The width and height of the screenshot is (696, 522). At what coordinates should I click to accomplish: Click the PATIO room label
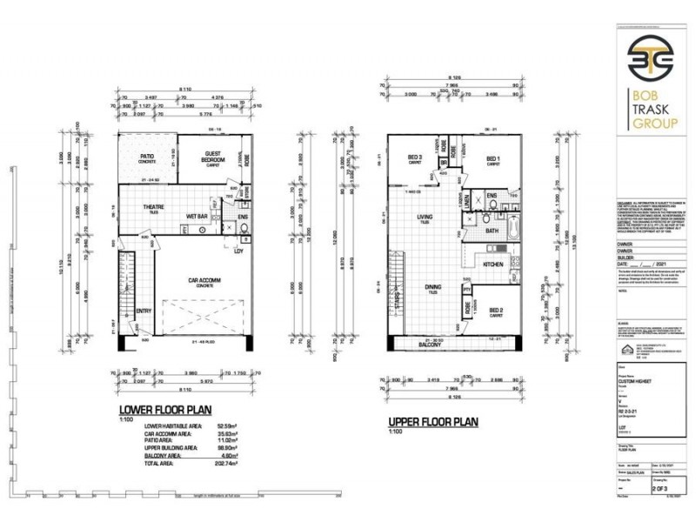(135, 158)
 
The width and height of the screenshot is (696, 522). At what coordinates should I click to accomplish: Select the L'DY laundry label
(238, 251)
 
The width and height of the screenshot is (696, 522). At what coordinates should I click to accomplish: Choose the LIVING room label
(425, 218)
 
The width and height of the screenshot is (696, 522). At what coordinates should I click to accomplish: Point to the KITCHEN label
(494, 263)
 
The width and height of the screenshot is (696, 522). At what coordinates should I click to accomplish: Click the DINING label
(432, 287)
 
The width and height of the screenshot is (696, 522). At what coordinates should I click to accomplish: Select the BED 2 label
(496, 311)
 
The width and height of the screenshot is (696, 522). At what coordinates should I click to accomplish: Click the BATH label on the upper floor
(492, 231)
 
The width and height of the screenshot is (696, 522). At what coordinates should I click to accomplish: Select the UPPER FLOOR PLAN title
(433, 422)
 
